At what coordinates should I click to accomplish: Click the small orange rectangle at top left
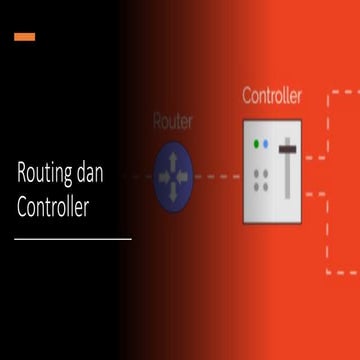[x=25, y=37]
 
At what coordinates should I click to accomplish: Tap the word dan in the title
[x=113, y=172]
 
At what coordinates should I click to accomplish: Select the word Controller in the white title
[x=60, y=209]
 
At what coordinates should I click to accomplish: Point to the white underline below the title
[x=73, y=239]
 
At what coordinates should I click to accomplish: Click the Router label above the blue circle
[x=173, y=122]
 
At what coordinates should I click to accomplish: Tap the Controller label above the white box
[x=272, y=97]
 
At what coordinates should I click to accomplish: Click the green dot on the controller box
[x=257, y=144]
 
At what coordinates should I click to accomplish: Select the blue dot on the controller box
[x=266, y=144]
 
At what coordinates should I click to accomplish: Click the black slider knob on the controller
[x=288, y=148]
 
